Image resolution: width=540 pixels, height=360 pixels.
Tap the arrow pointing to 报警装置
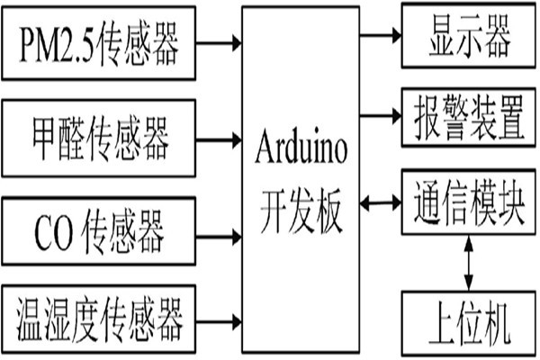380,115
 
